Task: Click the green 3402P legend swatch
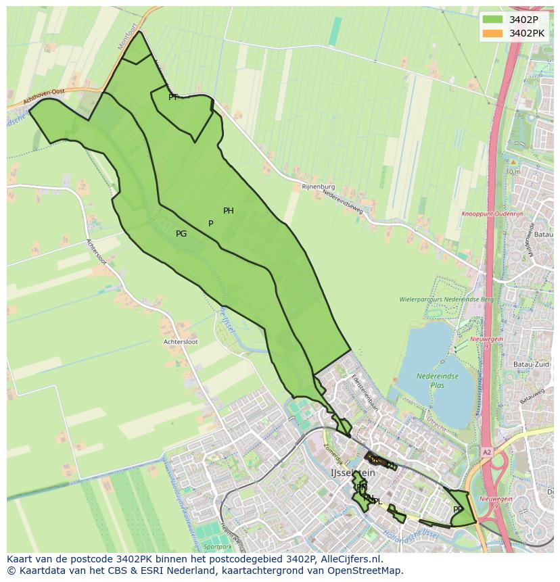[x=493, y=20]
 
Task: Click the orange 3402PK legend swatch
[x=493, y=32]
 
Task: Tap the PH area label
[x=229, y=211]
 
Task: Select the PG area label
[x=181, y=234]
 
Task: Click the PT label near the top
[x=173, y=97]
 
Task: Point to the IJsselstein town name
[x=352, y=473]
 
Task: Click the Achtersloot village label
[x=181, y=342]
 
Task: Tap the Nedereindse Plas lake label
[x=438, y=380]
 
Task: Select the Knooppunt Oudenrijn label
[x=492, y=214]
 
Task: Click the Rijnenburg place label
[x=319, y=187]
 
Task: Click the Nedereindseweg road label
[x=343, y=201]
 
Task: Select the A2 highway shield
[x=486, y=451]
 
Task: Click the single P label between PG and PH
[x=211, y=224]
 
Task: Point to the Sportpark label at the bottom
[x=217, y=546]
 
